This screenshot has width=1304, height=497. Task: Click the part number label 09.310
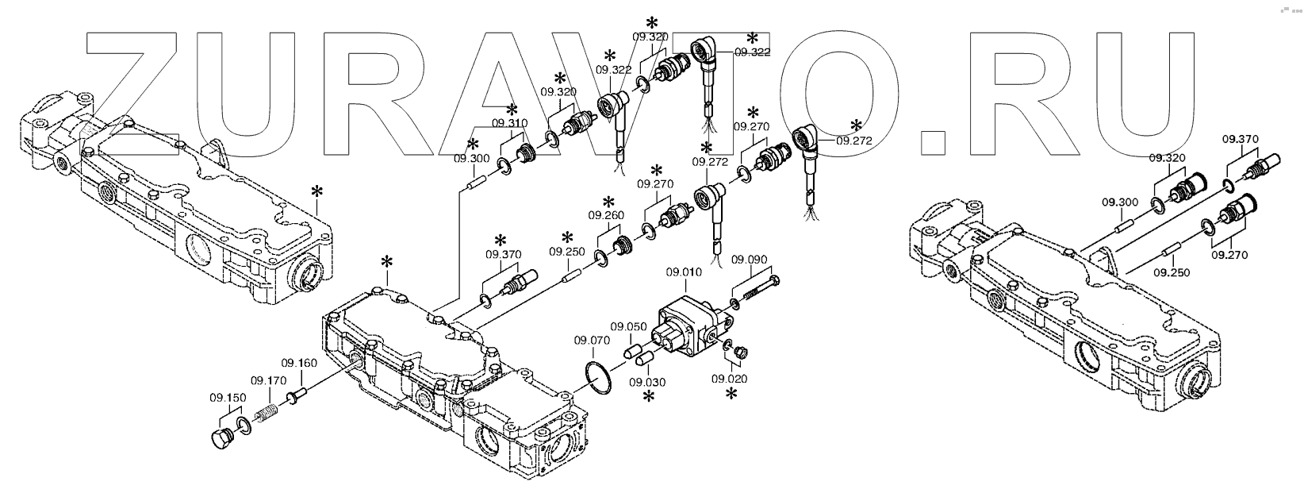pos(508,124)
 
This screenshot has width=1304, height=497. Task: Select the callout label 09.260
pos(605,215)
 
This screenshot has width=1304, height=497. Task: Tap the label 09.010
pos(685,272)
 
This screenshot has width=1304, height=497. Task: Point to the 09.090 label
pos(748,259)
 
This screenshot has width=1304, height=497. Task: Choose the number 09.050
pos(627,326)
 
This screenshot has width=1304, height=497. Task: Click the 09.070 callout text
pos(592,341)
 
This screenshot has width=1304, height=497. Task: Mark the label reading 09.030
pos(647,382)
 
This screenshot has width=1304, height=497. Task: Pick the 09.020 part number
pos(729,379)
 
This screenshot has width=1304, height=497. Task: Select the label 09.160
pos(301,363)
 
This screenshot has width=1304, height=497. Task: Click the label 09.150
pos(227,397)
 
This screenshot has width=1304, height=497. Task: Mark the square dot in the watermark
pos(932,140)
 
